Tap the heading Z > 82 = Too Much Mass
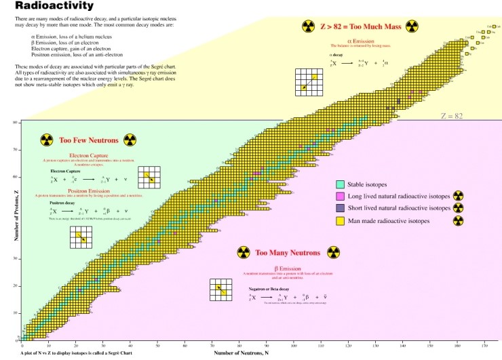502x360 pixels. pyautogui.click(x=360, y=26)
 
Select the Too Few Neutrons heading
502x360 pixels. pyautogui.click(x=89, y=140)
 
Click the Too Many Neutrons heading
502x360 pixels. pyautogui.click(x=288, y=253)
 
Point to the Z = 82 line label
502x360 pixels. pyautogui.click(x=451, y=117)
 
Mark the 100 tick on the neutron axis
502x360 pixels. pyautogui.click(x=294, y=345)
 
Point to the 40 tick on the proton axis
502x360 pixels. pyautogui.click(x=15, y=231)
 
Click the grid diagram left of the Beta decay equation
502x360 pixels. pyautogui.click(x=220, y=289)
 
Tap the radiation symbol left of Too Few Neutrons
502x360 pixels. pyautogui.click(x=46, y=140)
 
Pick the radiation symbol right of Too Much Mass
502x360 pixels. pyautogui.click(x=412, y=26)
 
